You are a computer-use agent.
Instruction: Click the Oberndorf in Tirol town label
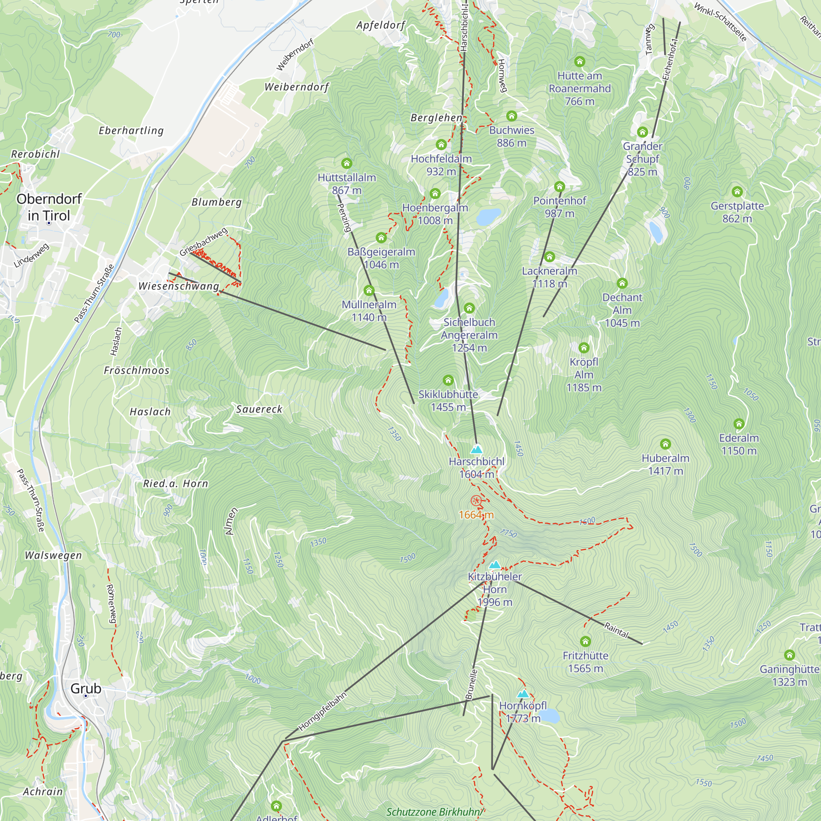coord(49,207)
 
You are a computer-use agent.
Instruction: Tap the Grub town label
coord(86,688)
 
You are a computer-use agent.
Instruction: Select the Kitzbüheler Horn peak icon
coord(495,565)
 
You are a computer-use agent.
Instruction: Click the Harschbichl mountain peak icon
coord(476,449)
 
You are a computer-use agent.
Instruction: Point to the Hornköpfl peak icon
coord(523,694)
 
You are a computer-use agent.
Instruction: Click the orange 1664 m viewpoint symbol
coord(476,500)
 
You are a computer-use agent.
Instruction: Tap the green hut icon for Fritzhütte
coord(585,641)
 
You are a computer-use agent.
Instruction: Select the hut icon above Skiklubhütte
coord(448,380)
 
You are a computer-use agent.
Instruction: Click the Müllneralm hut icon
coord(369,291)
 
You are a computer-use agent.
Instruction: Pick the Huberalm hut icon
coord(665,444)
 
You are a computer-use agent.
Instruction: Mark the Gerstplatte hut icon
coord(737,192)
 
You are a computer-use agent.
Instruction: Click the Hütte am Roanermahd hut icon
coord(580,62)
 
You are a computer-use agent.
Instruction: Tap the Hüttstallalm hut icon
coord(347,163)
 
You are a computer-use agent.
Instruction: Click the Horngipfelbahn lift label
coord(323,711)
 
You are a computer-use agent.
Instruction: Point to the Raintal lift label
coord(616,630)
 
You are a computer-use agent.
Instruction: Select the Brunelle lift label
coord(471,685)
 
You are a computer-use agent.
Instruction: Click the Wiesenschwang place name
coord(179,286)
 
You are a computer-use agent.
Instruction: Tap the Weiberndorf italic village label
coord(297,87)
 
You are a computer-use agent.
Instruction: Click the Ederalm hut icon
coord(739,424)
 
